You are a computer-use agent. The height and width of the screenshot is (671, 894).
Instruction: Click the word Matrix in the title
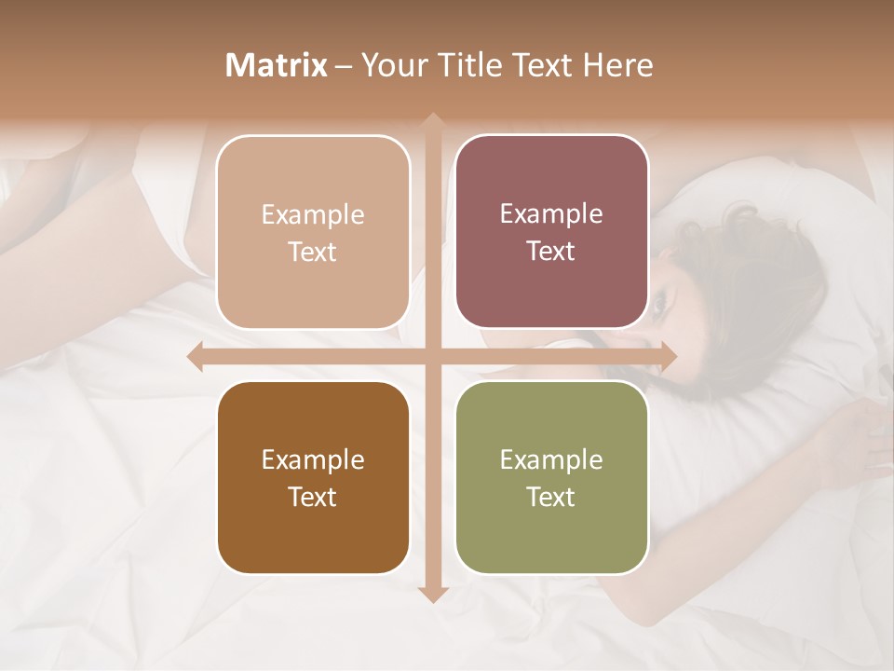click(x=277, y=65)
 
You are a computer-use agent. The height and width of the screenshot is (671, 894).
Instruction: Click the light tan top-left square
click(x=313, y=232)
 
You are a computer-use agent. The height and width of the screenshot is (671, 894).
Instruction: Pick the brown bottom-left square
click(x=313, y=477)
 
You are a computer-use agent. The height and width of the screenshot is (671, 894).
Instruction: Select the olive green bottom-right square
click(x=551, y=477)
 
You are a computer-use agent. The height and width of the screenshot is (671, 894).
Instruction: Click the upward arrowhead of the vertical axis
click(x=432, y=120)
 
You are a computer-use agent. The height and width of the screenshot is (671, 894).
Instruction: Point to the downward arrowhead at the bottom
click(x=432, y=595)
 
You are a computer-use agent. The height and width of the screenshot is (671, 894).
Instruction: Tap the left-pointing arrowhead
click(x=196, y=356)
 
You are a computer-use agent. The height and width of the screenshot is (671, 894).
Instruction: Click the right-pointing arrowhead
click(x=668, y=356)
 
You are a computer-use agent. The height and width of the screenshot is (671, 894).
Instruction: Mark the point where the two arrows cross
click(x=432, y=356)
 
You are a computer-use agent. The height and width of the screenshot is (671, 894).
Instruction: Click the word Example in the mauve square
click(x=551, y=213)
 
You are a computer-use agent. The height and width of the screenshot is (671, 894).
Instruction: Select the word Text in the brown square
click(x=313, y=497)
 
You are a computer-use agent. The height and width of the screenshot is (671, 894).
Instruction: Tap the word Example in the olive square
click(x=551, y=459)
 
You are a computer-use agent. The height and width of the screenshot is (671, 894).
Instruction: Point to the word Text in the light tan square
click(x=313, y=252)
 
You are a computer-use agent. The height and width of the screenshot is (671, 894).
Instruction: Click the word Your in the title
click(x=387, y=65)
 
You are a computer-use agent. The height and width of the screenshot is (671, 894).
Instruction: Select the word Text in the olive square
click(x=551, y=497)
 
